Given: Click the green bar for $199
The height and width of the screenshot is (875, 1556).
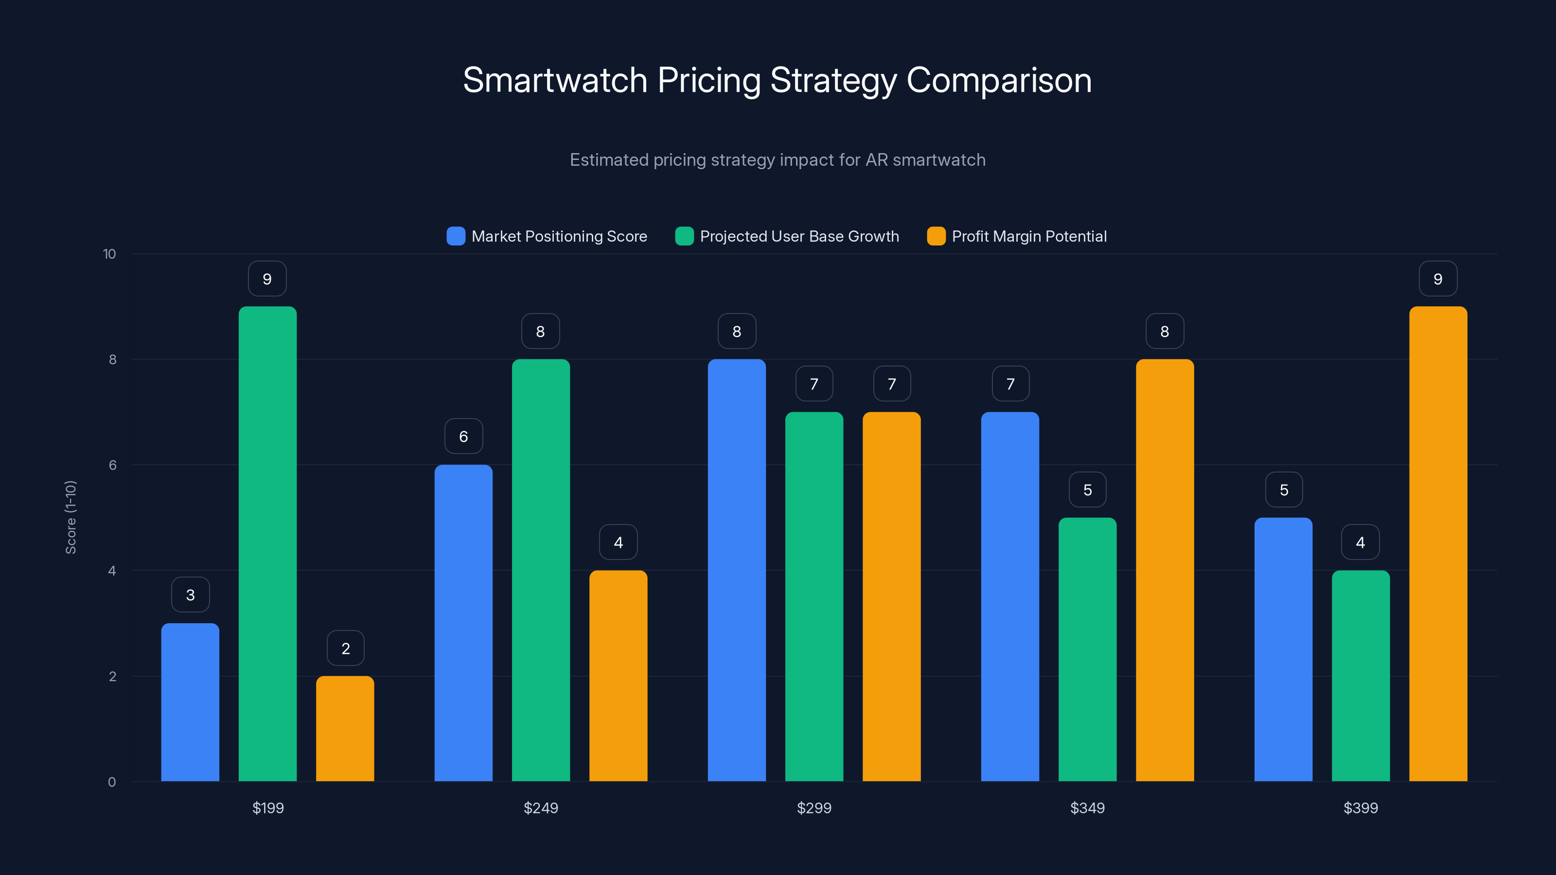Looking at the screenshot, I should click(267, 543).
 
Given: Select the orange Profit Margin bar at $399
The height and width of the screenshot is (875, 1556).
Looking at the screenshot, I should click(1438, 543).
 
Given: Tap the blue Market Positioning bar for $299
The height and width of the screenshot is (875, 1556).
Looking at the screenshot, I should click(736, 570).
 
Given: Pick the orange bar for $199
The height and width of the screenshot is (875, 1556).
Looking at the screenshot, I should click(345, 728).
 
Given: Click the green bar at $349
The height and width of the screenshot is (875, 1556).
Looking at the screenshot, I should click(1087, 649).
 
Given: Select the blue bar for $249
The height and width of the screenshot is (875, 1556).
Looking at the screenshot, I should click(463, 623).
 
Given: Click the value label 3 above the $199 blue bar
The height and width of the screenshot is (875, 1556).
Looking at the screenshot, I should click(190, 595).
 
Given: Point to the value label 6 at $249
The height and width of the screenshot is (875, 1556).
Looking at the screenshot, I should click(463, 436).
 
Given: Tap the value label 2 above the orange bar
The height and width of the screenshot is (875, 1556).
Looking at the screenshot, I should click(346, 648).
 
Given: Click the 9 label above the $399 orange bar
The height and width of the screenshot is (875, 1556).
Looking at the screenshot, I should click(1438, 279).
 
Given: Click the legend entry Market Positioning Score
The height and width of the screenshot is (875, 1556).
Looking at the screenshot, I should click(558, 236).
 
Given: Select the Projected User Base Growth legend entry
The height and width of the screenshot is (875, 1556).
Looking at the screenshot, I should click(798, 236).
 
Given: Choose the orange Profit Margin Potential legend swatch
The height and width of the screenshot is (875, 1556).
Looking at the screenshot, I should click(936, 236).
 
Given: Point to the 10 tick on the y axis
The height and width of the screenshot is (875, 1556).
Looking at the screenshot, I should click(109, 254).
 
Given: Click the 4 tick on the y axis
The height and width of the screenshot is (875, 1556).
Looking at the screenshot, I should click(112, 571).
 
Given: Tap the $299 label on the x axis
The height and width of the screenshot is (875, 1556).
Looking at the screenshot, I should click(813, 808).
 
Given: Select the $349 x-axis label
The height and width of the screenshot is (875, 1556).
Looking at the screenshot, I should click(1087, 808).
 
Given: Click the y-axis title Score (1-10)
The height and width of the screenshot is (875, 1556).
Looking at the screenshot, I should click(71, 517).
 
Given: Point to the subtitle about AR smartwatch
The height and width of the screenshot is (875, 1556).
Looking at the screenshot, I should click(778, 160).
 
